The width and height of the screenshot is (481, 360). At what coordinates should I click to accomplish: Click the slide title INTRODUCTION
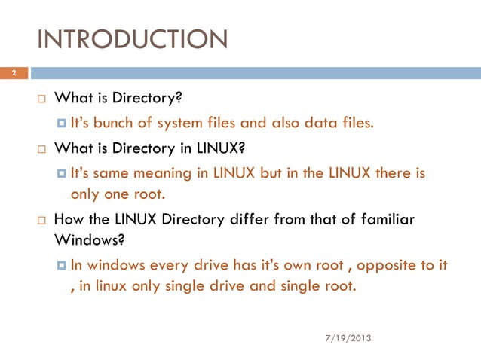pyautogui.click(x=132, y=38)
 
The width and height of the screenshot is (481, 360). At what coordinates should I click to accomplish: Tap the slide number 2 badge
pyautogui.click(x=13, y=74)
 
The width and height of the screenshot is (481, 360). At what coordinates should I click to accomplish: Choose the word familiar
pyautogui.click(x=384, y=219)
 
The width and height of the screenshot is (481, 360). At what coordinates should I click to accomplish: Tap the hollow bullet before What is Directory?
pyautogui.click(x=44, y=99)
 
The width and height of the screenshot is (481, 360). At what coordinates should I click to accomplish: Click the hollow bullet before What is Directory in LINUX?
pyautogui.click(x=44, y=148)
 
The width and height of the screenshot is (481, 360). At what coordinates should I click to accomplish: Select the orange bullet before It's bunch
pyautogui.click(x=63, y=124)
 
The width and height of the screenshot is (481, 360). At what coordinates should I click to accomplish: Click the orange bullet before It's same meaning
pyautogui.click(x=63, y=174)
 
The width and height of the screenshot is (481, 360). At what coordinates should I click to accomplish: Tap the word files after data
pyautogui.click(x=357, y=124)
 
